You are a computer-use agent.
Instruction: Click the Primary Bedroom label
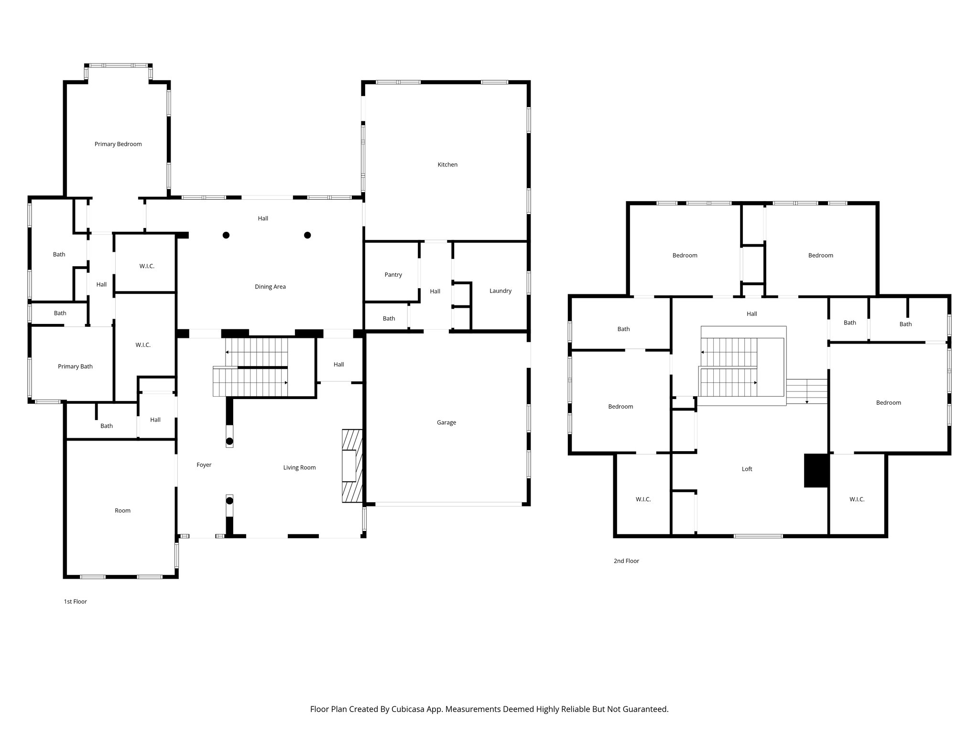tap(118, 144)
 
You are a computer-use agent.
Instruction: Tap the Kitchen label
tap(447, 164)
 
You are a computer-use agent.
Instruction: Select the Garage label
tap(446, 422)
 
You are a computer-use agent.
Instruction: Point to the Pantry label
tap(393, 275)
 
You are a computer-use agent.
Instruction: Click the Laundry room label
tap(500, 291)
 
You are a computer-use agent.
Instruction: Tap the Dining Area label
tap(270, 287)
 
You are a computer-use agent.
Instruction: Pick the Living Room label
tap(299, 467)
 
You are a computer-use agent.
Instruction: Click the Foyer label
tap(204, 464)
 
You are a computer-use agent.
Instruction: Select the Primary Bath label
tap(75, 367)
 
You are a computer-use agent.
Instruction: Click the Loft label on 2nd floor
tap(747, 469)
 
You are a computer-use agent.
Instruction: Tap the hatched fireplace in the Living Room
tap(352, 466)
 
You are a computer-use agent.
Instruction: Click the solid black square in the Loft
tap(816, 470)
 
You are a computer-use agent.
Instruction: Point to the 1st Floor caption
tap(75, 602)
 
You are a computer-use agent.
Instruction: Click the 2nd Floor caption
tap(626, 561)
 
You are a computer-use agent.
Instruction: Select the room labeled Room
tap(122, 510)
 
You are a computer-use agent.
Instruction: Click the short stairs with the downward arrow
tap(807, 391)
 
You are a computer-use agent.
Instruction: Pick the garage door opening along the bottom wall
tap(448, 504)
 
